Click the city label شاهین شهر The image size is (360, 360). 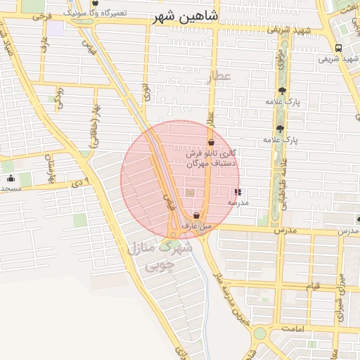tap(185, 17)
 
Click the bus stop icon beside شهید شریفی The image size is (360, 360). tap(339, 48)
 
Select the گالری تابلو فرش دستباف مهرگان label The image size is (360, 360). tap(214, 157)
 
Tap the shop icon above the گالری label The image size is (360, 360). tap(211, 143)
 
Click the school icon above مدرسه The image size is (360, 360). tap(238, 191)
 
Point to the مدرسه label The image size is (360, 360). tap(238, 202)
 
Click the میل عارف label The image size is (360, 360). tap(196, 226)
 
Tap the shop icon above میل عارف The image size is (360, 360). tap(196, 215)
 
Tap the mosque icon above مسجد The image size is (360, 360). tap(11, 178)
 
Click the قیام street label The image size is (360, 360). tap(311, 286)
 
